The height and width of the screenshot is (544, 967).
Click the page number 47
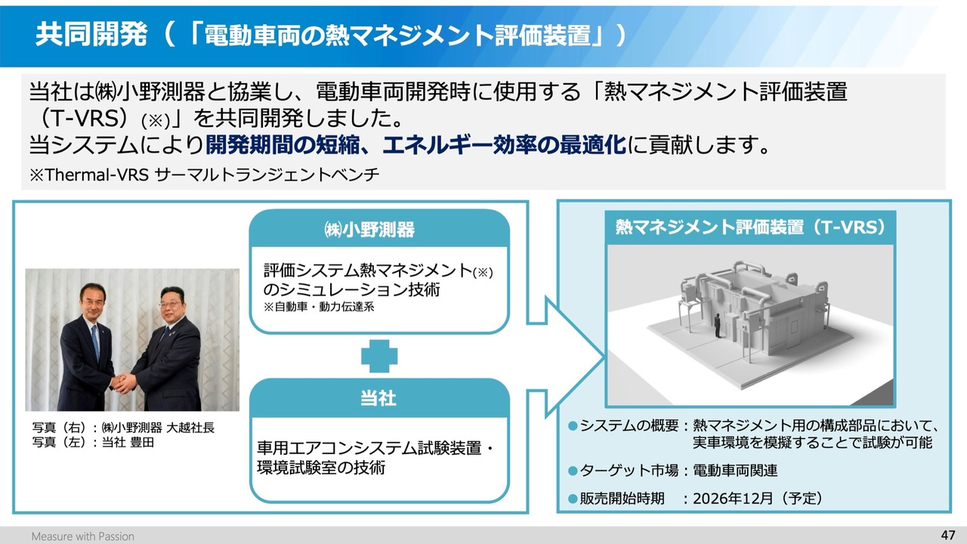948,536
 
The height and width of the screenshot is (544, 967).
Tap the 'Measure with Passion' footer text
83,536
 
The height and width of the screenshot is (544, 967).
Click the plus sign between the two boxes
379,356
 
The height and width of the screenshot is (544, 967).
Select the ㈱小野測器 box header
379,229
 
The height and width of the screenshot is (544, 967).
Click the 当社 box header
379,398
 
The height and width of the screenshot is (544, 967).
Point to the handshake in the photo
124,382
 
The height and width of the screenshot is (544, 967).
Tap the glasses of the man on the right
169,304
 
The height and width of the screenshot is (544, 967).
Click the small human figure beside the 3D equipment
717,326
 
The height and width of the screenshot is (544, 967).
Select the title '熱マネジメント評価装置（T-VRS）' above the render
750,227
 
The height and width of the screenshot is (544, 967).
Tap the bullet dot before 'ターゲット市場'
573,470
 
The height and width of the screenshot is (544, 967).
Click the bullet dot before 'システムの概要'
573,426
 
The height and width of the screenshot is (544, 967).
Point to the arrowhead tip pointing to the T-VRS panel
604,357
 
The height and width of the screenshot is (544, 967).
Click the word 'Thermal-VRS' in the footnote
97,175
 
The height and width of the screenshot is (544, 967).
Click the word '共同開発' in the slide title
91,35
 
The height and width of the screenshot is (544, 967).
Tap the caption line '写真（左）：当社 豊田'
93,443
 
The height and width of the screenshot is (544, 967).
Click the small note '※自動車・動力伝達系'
319,307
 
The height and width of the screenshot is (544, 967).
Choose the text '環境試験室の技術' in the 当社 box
321,468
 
